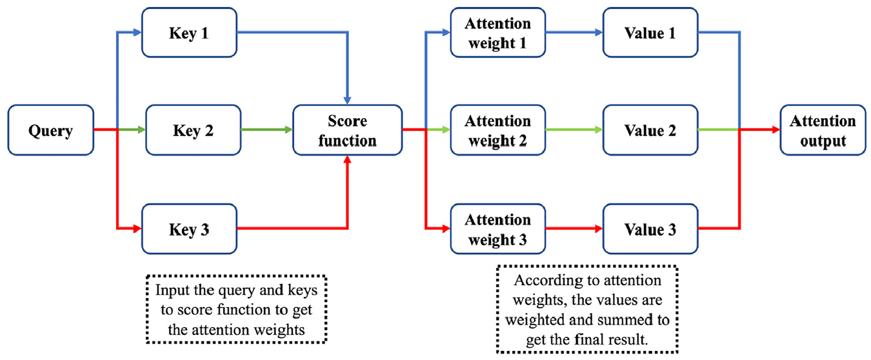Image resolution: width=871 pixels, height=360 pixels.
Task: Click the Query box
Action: click(x=51, y=130)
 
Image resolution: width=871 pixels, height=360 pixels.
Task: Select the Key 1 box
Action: click(x=190, y=33)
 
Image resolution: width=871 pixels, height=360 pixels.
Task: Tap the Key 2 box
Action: click(x=194, y=130)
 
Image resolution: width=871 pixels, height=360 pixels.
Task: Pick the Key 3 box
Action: click(x=190, y=229)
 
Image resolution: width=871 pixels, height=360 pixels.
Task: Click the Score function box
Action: click(x=348, y=130)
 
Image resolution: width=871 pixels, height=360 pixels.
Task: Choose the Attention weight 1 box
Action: click(x=498, y=33)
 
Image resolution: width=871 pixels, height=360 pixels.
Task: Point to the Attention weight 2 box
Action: click(x=498, y=130)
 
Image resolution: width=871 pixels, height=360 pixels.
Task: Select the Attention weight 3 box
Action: click(x=498, y=229)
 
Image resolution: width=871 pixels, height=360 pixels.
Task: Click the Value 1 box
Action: click(x=650, y=33)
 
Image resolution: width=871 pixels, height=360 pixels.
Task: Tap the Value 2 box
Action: click(x=650, y=130)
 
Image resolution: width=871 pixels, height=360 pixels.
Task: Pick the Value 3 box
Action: click(x=650, y=229)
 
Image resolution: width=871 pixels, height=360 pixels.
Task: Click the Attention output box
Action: click(x=823, y=130)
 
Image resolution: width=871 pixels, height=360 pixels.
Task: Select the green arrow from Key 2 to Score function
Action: click(x=266, y=130)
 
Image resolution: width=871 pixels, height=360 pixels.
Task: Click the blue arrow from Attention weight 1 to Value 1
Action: click(x=574, y=33)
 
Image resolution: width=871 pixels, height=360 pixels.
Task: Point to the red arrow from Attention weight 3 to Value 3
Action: click(x=574, y=228)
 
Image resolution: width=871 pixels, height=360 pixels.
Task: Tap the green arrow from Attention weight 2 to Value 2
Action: click(x=574, y=130)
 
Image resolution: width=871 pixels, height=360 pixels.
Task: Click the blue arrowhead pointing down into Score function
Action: click(x=348, y=100)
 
